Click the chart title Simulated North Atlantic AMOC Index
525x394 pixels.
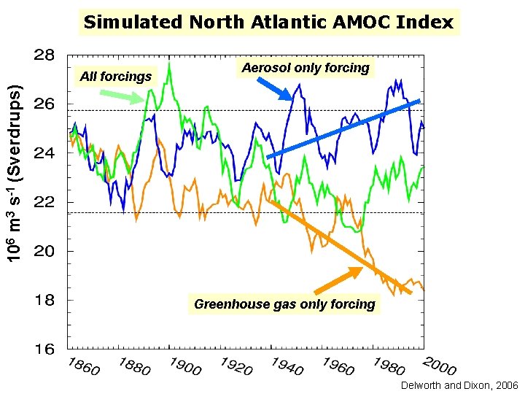coord(268,22)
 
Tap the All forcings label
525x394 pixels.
coord(116,76)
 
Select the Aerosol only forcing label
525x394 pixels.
coord(306,68)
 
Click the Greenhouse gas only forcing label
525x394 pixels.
coord(284,304)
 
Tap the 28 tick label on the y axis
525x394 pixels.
coord(44,55)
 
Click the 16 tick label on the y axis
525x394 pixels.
coord(44,349)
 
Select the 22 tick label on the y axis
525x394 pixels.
coord(44,202)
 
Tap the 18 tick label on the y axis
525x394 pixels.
coord(44,300)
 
